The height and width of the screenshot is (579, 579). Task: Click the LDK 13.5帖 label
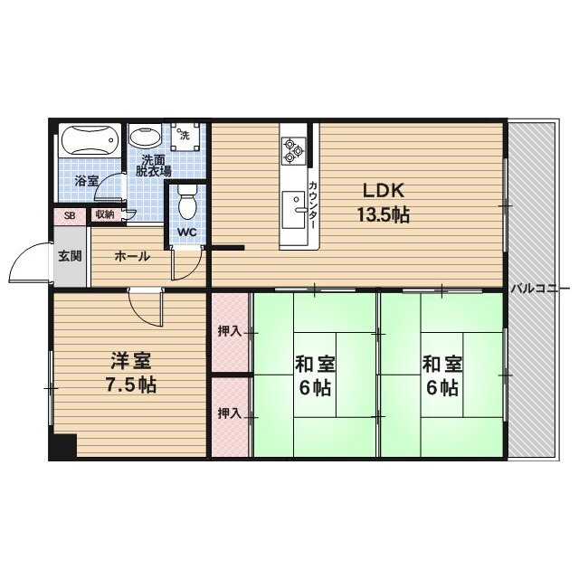click(x=386, y=203)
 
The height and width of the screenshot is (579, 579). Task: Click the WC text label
click(x=186, y=232)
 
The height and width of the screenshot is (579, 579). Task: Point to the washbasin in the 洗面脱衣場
click(x=142, y=138)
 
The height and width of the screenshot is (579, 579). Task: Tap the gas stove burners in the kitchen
click(x=292, y=148)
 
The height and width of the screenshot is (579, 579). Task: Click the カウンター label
click(x=312, y=204)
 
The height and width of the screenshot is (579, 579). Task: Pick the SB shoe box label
click(x=69, y=215)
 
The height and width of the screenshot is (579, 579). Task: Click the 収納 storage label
click(x=103, y=214)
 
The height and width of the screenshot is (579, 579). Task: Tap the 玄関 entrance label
click(x=70, y=256)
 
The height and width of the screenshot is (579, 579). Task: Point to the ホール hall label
click(x=131, y=256)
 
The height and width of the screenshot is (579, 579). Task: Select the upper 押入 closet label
click(x=230, y=331)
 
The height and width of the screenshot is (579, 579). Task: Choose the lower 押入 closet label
click(x=230, y=413)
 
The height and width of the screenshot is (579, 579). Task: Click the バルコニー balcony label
click(x=539, y=289)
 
